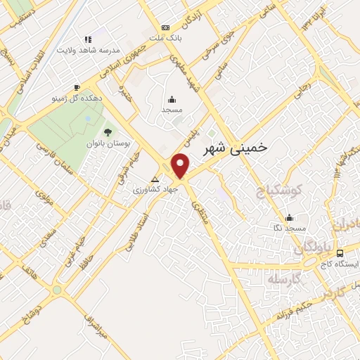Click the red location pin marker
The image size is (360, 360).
[181, 166]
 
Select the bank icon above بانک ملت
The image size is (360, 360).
[165, 27]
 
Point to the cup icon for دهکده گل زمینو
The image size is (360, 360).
[77, 87]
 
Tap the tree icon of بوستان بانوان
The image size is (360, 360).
[108, 131]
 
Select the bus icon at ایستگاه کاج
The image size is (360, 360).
[340, 253]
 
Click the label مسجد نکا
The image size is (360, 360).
[290, 229]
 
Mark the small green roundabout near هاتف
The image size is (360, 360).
[56, 288]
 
